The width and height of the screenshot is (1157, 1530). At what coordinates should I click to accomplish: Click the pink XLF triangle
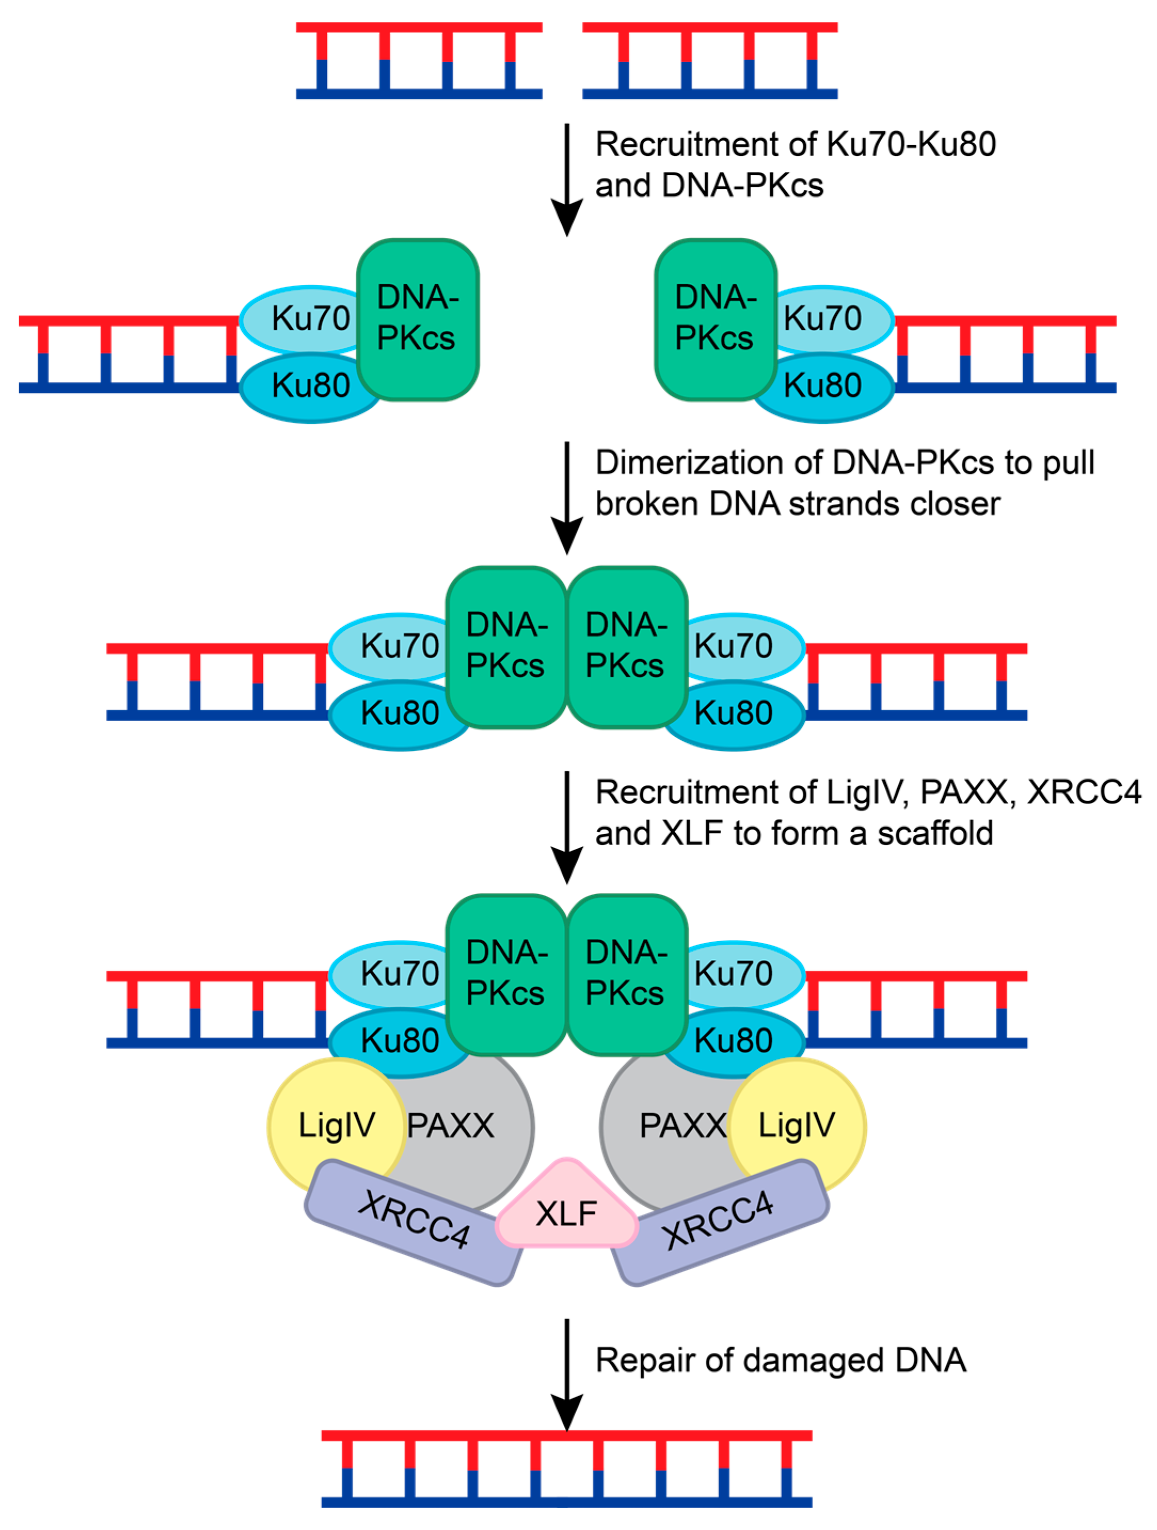[566, 1211]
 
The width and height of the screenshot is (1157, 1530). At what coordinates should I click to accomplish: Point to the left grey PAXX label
[451, 1126]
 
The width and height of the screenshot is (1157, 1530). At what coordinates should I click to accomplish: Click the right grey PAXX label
[682, 1126]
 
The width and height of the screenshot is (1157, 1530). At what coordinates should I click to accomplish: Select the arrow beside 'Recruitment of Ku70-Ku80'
[566, 180]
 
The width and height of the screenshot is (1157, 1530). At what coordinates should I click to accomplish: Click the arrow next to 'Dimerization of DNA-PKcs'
[566, 497]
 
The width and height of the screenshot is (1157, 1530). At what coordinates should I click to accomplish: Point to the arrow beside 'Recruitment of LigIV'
[566, 827]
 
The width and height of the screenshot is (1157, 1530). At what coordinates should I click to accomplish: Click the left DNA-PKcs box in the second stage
[417, 319]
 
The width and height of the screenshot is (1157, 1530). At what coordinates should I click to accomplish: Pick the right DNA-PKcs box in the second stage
[715, 319]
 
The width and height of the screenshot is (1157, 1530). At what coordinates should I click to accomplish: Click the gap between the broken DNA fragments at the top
[562, 61]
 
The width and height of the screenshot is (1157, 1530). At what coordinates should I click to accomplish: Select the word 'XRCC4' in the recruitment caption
[1083, 792]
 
